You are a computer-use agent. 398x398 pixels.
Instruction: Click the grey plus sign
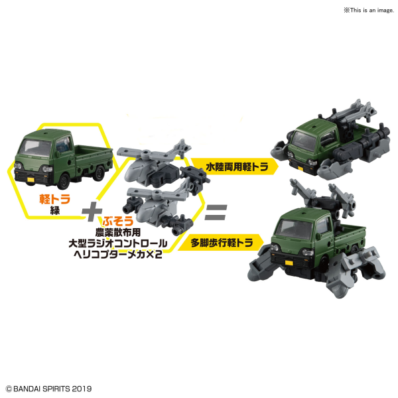(x=92, y=211)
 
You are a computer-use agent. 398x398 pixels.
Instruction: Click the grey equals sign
(x=216, y=212)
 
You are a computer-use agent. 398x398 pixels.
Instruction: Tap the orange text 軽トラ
(x=54, y=199)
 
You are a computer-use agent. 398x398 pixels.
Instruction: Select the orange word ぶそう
(x=118, y=221)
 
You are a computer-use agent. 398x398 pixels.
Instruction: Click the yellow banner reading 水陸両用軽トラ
(x=234, y=166)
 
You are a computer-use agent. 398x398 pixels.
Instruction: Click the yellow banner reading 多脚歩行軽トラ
(x=221, y=243)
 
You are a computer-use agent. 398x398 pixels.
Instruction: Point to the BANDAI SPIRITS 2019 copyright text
(x=48, y=389)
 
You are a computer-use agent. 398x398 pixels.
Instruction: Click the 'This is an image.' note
(x=369, y=10)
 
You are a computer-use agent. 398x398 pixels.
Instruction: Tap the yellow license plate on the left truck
(x=31, y=180)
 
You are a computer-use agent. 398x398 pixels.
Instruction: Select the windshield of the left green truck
(x=36, y=147)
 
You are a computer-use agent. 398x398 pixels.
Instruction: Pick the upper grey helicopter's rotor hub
(x=145, y=153)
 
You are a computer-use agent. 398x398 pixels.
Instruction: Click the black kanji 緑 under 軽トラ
(x=55, y=211)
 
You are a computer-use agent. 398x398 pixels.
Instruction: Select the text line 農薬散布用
(x=118, y=232)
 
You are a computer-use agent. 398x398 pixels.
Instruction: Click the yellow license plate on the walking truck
(x=289, y=263)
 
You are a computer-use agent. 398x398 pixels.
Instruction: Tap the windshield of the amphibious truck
(x=304, y=141)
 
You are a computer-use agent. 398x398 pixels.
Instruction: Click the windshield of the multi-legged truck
(x=293, y=230)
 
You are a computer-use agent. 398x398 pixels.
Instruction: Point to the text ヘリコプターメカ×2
(x=117, y=254)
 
